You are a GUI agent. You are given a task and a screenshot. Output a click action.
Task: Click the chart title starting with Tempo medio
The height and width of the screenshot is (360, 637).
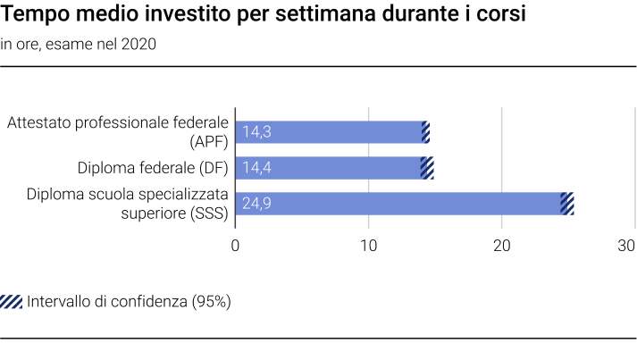tap(264, 15)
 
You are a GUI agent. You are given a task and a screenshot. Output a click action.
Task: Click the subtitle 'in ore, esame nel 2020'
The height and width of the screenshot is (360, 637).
tap(79, 45)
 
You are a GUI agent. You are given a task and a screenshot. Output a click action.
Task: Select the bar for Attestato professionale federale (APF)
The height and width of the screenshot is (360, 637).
tap(331, 132)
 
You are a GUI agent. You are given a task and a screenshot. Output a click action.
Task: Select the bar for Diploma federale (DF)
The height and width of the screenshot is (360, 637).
tap(331, 168)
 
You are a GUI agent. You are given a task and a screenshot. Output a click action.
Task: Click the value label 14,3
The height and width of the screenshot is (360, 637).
tap(256, 132)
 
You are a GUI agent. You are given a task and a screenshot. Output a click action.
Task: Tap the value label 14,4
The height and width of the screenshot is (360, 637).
tap(256, 168)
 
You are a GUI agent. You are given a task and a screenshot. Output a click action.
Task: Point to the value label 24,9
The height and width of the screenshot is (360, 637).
tap(257, 204)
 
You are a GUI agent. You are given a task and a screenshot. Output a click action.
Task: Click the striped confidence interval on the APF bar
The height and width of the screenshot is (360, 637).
tap(425, 132)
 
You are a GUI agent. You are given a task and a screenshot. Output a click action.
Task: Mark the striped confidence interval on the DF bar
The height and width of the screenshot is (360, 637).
tap(427, 168)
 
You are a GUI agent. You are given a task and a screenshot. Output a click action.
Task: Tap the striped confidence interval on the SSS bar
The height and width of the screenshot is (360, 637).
tap(566, 204)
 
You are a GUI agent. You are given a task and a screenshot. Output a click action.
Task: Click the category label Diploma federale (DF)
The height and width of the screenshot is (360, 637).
tap(154, 168)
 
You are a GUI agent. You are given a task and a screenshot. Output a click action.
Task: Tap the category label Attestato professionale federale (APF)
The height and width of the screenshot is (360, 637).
tap(118, 132)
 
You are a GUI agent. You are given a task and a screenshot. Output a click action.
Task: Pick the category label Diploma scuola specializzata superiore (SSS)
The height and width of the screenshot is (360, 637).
tap(127, 204)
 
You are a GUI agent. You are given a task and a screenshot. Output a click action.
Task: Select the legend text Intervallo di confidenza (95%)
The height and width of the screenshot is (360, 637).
tap(130, 301)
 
